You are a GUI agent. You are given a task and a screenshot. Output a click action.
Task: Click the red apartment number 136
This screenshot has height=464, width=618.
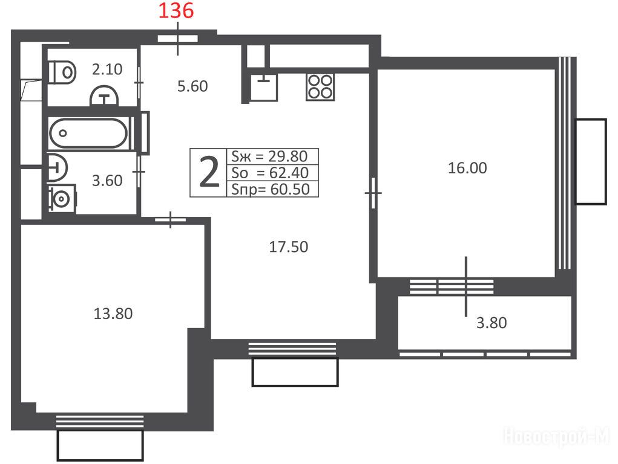176,11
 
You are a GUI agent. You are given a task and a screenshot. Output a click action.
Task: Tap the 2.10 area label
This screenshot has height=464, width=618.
107,69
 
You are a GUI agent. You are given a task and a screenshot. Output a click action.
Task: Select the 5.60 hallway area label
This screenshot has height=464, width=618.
192,86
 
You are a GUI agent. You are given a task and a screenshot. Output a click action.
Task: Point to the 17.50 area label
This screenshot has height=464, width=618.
289,246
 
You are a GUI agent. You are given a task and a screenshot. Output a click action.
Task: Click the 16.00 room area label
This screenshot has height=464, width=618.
467,168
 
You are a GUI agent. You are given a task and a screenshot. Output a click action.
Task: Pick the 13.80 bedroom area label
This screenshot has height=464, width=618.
113,314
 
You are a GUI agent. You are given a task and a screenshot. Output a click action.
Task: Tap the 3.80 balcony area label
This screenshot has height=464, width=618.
491,323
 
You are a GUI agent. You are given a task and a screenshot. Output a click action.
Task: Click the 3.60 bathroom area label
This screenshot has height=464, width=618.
107,181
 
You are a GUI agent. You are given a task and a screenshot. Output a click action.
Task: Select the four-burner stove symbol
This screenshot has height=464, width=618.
320,86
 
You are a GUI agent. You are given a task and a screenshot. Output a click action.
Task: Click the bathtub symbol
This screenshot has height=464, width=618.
88,133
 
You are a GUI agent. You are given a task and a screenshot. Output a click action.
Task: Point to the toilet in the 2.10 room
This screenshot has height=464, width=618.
62,72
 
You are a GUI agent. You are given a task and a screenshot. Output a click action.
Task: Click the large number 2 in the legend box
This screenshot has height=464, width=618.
209,172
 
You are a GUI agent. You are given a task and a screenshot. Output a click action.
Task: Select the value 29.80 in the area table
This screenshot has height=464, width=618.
288,156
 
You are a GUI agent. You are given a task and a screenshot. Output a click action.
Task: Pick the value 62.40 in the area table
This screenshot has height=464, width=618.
289,173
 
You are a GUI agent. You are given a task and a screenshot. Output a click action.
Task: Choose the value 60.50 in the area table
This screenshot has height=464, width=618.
290,189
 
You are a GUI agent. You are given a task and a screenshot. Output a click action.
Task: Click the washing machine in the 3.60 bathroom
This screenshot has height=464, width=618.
62,198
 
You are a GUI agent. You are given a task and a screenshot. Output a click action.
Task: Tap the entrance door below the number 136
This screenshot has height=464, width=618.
177,39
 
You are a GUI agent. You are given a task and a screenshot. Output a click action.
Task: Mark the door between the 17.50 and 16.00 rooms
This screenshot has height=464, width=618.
373,193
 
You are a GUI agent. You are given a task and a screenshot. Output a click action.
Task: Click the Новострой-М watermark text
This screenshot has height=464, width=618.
556,436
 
